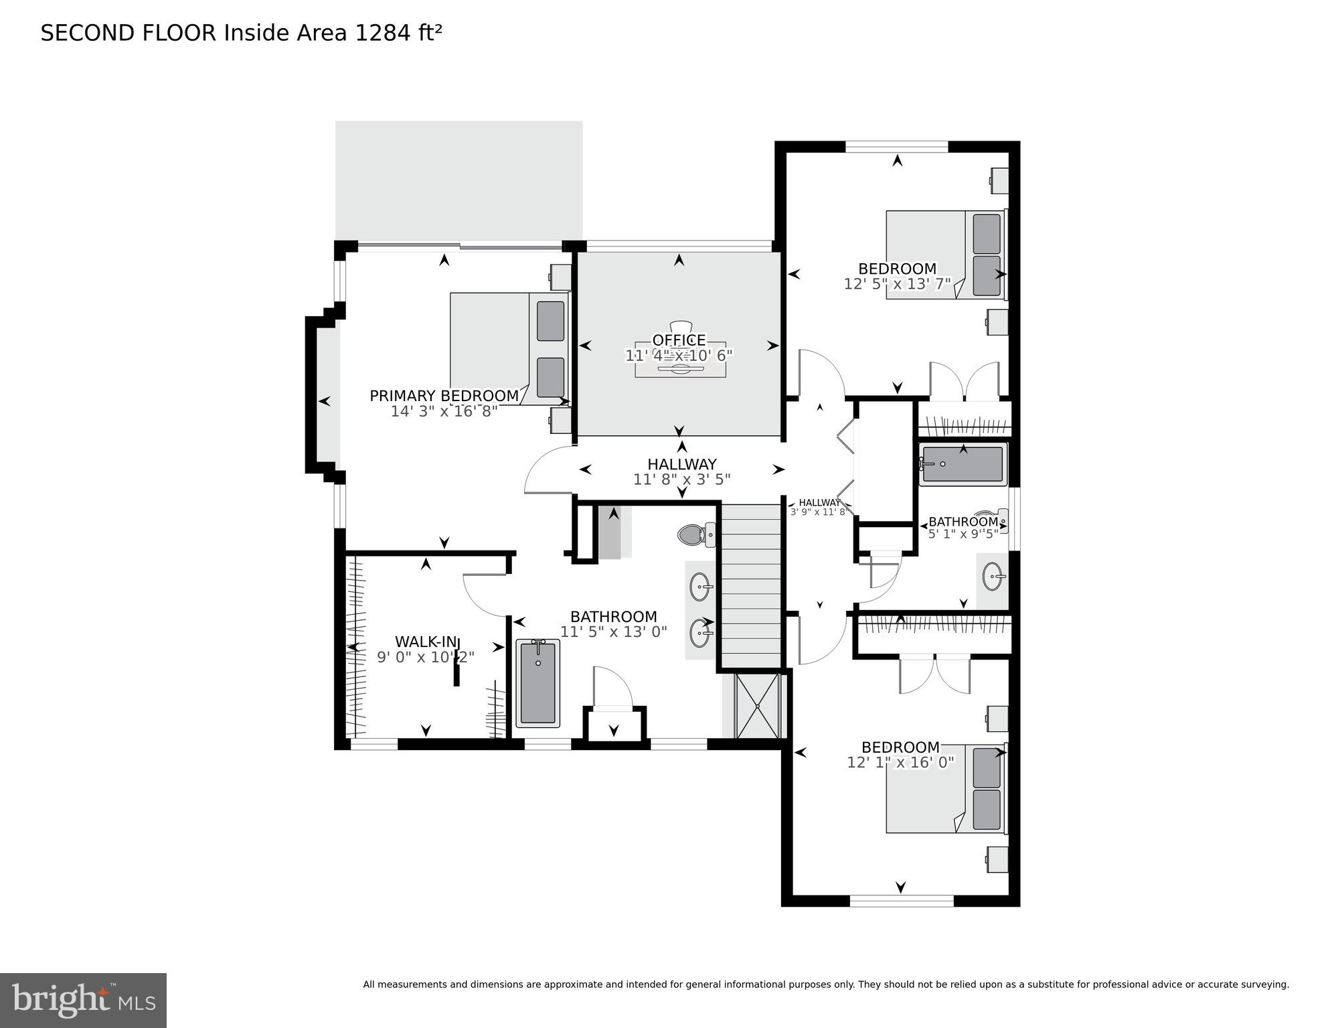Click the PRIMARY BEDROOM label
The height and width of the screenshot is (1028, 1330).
tap(444, 396)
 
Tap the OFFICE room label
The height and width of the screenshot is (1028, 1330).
tap(679, 340)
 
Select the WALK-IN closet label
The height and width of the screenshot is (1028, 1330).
tap(425, 642)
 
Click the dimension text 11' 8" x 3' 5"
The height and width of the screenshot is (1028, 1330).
tap(681, 480)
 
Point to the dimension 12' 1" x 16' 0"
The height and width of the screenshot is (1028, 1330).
tap(900, 762)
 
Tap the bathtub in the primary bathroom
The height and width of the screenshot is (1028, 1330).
tap(537, 683)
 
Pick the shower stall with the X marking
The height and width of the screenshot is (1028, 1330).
tap(757, 706)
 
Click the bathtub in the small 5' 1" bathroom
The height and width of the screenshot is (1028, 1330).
tap(963, 464)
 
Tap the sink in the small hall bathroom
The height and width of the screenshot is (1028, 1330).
tap(993, 577)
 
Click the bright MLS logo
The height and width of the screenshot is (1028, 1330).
tap(83, 1001)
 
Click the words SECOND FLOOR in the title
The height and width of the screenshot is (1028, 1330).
tap(129, 33)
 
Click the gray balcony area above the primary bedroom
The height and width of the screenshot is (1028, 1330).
tap(459, 179)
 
